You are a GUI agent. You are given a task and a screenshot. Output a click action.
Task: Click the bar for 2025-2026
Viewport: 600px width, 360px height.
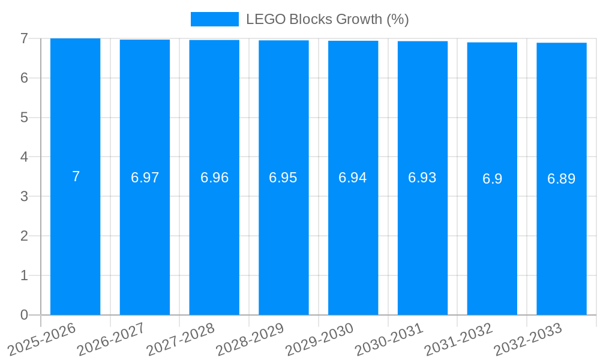(75, 240)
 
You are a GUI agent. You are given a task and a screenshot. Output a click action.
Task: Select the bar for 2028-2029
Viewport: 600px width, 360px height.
(284, 240)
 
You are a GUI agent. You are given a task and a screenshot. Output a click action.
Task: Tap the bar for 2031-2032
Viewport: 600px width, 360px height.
(492, 240)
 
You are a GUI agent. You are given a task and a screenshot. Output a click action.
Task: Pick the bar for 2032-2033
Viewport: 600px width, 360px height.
(562, 240)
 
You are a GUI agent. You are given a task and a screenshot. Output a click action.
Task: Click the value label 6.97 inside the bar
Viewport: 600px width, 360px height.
(145, 178)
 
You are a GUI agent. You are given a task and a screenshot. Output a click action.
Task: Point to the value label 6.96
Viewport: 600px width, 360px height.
(214, 178)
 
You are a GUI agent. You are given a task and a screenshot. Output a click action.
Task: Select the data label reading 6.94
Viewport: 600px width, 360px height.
(353, 178)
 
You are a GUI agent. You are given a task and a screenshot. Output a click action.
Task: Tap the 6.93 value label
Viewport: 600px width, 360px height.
(422, 178)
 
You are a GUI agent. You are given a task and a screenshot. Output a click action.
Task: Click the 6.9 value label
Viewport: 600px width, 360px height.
(492, 179)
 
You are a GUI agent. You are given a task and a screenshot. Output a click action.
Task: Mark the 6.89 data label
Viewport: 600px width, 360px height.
(562, 179)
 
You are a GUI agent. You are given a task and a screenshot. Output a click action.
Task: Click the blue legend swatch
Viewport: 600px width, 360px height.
(214, 19)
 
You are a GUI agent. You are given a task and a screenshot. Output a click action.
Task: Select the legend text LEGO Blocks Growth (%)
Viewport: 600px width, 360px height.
(327, 19)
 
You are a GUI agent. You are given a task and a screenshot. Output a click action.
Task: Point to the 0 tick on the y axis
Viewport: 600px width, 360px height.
(24, 315)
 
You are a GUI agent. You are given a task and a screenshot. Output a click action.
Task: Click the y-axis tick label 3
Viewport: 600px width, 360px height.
(24, 196)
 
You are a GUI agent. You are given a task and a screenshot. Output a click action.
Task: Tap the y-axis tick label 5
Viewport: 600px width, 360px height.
(24, 118)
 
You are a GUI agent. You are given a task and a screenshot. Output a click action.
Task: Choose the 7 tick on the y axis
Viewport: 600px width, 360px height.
(24, 38)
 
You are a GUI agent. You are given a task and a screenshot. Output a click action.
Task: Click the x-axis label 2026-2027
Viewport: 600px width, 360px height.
(112, 339)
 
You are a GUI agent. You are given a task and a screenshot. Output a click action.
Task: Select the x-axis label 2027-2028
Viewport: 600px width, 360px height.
(181, 339)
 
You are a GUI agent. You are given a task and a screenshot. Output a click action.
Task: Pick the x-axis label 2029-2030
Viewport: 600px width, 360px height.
(320, 339)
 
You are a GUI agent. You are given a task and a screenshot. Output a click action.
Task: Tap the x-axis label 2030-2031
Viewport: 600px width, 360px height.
(390, 339)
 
